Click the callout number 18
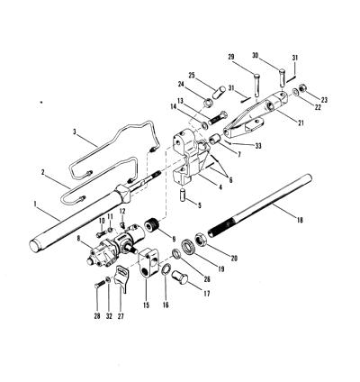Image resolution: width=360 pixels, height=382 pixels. click(300, 220)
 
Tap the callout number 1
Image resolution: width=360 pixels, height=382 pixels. click(35, 204)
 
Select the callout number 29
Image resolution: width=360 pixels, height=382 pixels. click(232, 57)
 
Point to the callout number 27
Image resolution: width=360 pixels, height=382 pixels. click(120, 316)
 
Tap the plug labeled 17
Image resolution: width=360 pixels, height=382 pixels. click(179, 275)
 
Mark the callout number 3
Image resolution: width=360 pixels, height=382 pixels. click(76, 132)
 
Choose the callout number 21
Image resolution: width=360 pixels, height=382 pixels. click(301, 123)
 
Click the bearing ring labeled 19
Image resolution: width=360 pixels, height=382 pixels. click(189, 245)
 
